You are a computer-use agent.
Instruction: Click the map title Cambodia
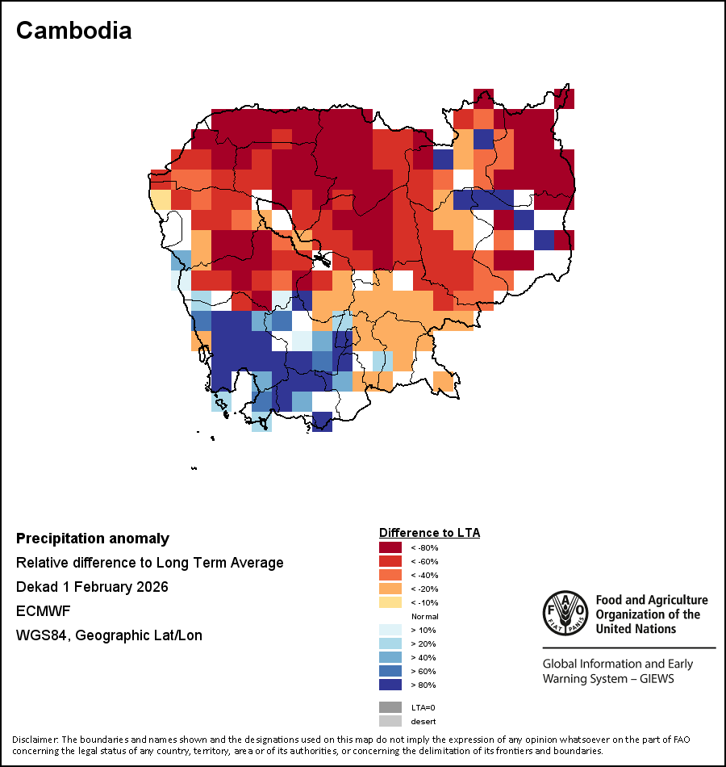pyautogui.click(x=73, y=31)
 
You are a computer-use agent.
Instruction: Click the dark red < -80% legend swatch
pyautogui.click(x=390, y=548)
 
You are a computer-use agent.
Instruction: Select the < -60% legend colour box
pyautogui.click(x=390, y=562)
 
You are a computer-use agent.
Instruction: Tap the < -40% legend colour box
pyautogui.click(x=390, y=576)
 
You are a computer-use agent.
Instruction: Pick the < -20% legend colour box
pyautogui.click(x=390, y=589)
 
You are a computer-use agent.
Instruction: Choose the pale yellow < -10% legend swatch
pyautogui.click(x=390, y=603)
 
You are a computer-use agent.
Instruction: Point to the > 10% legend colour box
pyautogui.click(x=390, y=630)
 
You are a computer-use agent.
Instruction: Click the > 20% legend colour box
pyautogui.click(x=390, y=643)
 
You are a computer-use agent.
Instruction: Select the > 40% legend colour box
pyautogui.click(x=390, y=657)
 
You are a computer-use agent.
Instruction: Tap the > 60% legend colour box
pyautogui.click(x=390, y=671)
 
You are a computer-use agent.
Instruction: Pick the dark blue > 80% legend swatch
pyautogui.click(x=390, y=685)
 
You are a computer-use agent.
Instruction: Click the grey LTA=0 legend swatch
pyautogui.click(x=390, y=707)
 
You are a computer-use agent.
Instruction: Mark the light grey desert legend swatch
pyautogui.click(x=390, y=721)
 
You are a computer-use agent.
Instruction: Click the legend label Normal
pyautogui.click(x=424, y=616)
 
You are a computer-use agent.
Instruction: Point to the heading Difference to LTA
pyautogui.click(x=429, y=533)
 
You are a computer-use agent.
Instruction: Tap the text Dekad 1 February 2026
pyautogui.click(x=92, y=587)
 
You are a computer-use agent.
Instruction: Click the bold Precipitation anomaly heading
pyautogui.click(x=93, y=539)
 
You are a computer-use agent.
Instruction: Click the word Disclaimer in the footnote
pyautogui.click(x=34, y=740)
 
